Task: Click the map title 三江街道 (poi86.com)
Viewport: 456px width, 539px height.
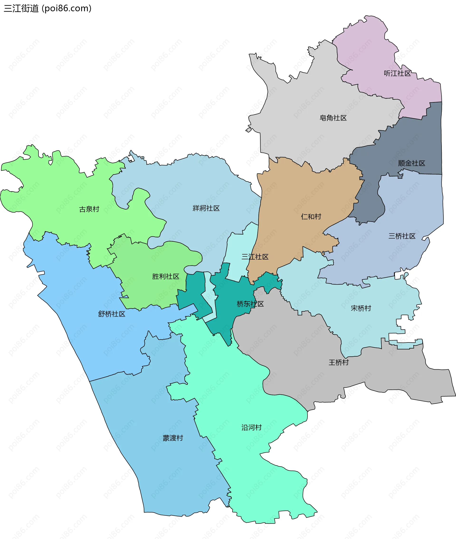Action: [x=47, y=9]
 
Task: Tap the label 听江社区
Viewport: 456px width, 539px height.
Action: [x=397, y=73]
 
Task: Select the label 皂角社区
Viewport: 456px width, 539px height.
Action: [x=333, y=118]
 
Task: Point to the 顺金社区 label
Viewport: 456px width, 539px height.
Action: [x=412, y=163]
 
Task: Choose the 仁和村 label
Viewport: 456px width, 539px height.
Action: [x=311, y=217]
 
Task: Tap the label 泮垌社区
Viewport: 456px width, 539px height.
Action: [x=206, y=208]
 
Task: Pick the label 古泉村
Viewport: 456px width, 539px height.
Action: [x=89, y=209]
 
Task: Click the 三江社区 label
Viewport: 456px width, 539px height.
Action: [x=255, y=257]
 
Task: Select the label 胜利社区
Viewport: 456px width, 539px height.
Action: [x=166, y=276]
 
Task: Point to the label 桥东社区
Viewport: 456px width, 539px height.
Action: [x=250, y=304]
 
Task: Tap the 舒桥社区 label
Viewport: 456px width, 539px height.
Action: [x=112, y=314]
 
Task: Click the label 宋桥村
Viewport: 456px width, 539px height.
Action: [x=361, y=308]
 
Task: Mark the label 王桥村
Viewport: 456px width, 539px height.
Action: [x=339, y=362]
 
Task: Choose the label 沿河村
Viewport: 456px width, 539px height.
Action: [x=252, y=428]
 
